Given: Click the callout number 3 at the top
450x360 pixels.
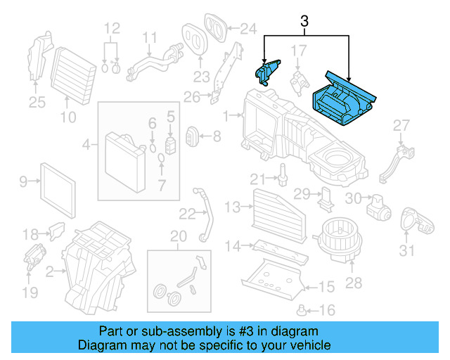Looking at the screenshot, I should click(x=304, y=22).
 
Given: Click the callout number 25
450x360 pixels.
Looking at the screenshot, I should click(x=37, y=103).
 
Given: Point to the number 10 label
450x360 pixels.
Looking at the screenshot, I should click(x=67, y=117).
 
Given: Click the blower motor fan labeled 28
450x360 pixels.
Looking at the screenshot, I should click(x=337, y=236).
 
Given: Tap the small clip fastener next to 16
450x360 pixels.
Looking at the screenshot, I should click(x=303, y=309).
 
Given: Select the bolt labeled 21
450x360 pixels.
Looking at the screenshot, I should click(x=283, y=172).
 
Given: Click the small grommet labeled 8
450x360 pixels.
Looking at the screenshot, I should click(x=192, y=135).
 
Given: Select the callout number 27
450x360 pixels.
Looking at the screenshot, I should click(x=401, y=125).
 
